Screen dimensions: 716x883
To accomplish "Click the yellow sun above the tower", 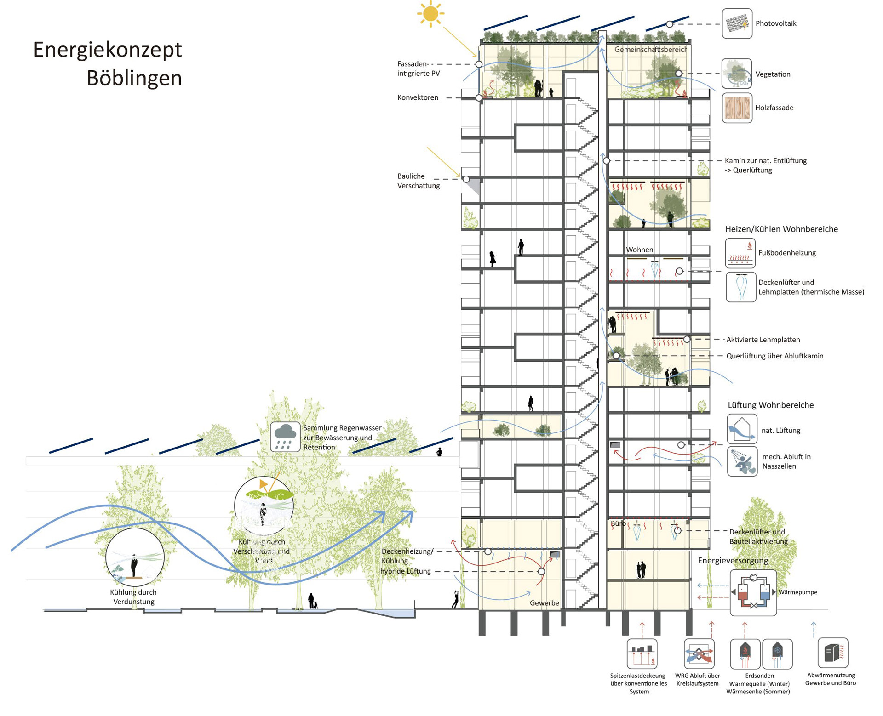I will [x=430, y=14].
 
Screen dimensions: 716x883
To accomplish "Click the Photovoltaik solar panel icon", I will [x=737, y=23].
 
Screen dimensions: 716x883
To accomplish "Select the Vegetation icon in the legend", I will [x=737, y=74].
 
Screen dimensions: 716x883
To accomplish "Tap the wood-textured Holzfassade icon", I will [x=737, y=108].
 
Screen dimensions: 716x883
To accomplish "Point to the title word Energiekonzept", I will [x=108, y=50].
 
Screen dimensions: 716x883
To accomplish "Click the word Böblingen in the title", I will [x=134, y=78].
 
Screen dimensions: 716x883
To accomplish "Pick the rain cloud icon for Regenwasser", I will [x=285, y=437].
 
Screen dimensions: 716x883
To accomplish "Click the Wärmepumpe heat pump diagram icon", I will [x=753, y=593].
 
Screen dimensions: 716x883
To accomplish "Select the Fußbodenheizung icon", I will [x=740, y=253].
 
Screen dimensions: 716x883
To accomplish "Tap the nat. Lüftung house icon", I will [x=742, y=429].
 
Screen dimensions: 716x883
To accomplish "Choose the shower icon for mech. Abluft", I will [x=742, y=461].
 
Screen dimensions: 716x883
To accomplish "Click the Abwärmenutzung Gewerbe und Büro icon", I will [x=832, y=653].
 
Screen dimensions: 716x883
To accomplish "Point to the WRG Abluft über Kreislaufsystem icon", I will [x=699, y=653].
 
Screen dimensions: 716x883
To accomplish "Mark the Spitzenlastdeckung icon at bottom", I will [x=642, y=653].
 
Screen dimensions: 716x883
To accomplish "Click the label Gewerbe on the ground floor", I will [x=544, y=603].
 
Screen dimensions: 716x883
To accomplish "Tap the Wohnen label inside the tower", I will [x=639, y=250].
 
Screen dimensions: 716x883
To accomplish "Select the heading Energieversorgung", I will [x=733, y=561].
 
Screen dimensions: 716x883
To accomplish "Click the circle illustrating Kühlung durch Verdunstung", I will [x=135, y=557].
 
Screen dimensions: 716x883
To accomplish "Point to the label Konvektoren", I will [x=418, y=97].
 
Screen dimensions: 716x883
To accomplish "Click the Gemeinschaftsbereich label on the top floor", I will [x=650, y=50].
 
